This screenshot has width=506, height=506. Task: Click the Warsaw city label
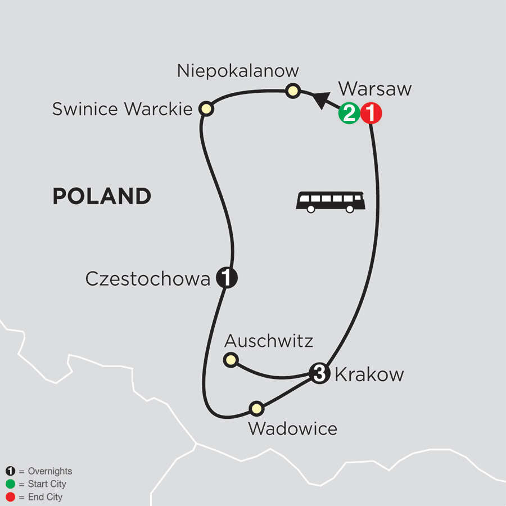click(375, 89)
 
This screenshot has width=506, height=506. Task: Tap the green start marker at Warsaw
click(349, 114)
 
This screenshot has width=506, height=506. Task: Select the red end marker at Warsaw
click(371, 114)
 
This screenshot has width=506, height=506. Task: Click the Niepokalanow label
click(238, 71)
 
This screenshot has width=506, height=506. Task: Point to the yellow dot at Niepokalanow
click(292, 91)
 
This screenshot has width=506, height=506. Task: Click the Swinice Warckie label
click(123, 109)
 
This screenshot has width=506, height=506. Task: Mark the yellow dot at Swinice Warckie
click(206, 109)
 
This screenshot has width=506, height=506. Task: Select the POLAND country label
click(102, 196)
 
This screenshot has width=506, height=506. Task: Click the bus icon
click(331, 201)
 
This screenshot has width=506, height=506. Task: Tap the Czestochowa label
click(147, 278)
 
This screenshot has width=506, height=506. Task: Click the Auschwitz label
click(269, 340)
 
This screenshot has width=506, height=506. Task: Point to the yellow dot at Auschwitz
click(231, 360)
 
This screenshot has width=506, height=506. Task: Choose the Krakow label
click(369, 374)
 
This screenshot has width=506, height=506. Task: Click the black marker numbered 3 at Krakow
click(319, 374)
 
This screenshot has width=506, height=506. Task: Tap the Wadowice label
click(292, 428)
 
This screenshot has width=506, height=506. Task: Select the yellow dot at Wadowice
click(256, 408)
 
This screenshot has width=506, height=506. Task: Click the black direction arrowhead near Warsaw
click(320, 100)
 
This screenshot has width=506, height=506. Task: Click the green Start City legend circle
click(10, 484)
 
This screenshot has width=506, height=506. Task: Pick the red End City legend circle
click(10, 497)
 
